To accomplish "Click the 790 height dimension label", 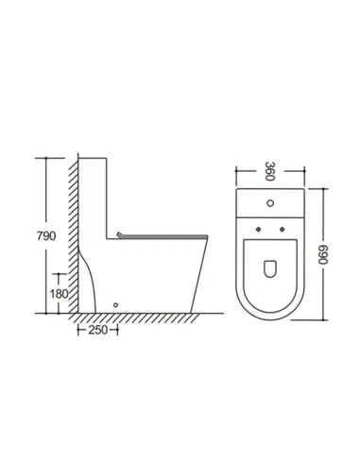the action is (x=46, y=235).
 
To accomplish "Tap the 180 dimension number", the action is (x=59, y=294).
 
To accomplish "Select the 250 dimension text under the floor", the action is (x=97, y=330).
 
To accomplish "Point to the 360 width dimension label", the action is (x=270, y=171).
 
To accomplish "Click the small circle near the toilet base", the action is (x=115, y=304).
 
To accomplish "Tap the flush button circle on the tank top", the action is (x=270, y=203).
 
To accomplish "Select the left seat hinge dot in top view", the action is (x=259, y=229).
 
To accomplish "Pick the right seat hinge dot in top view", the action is (x=283, y=229).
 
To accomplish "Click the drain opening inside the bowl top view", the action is (x=270, y=268).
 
